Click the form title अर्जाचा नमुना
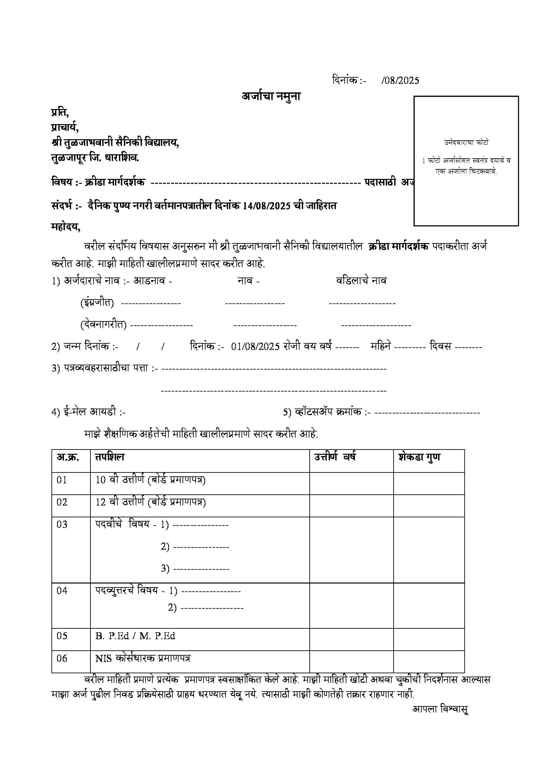(271, 96)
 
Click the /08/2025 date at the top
(400, 80)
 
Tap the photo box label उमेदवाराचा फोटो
(466, 143)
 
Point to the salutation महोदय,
(66, 227)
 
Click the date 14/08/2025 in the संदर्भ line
(266, 206)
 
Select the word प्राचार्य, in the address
(65, 127)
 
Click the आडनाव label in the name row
(149, 281)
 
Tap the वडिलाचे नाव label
(361, 281)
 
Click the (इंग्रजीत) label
(97, 303)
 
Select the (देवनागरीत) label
(104, 325)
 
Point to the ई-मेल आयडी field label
(88, 412)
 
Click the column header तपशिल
(109, 457)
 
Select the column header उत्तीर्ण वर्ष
(335, 457)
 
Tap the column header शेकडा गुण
(419, 457)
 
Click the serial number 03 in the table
(62, 525)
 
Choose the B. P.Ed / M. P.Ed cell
(135, 636)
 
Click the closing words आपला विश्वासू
(440, 709)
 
